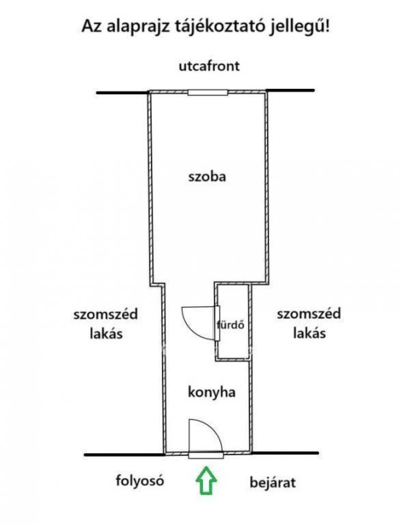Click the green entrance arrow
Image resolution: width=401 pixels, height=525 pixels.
(206, 481)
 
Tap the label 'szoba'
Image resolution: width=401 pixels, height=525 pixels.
(207, 176)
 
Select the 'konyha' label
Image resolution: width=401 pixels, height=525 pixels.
(211, 392)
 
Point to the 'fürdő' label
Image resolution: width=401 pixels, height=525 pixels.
(231, 324)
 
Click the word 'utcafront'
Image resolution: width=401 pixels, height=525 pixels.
(209, 66)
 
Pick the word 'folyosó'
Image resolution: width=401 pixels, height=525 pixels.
(139, 480)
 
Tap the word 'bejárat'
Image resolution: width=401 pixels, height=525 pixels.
(273, 482)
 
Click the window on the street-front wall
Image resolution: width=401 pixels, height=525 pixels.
(208, 92)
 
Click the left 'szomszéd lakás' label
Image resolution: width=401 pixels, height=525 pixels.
(106, 324)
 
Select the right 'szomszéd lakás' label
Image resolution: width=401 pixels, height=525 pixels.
(309, 324)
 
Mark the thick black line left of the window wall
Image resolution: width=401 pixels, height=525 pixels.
(122, 93)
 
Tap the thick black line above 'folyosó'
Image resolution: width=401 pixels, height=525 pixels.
(124, 454)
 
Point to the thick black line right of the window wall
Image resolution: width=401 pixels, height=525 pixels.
(291, 90)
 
